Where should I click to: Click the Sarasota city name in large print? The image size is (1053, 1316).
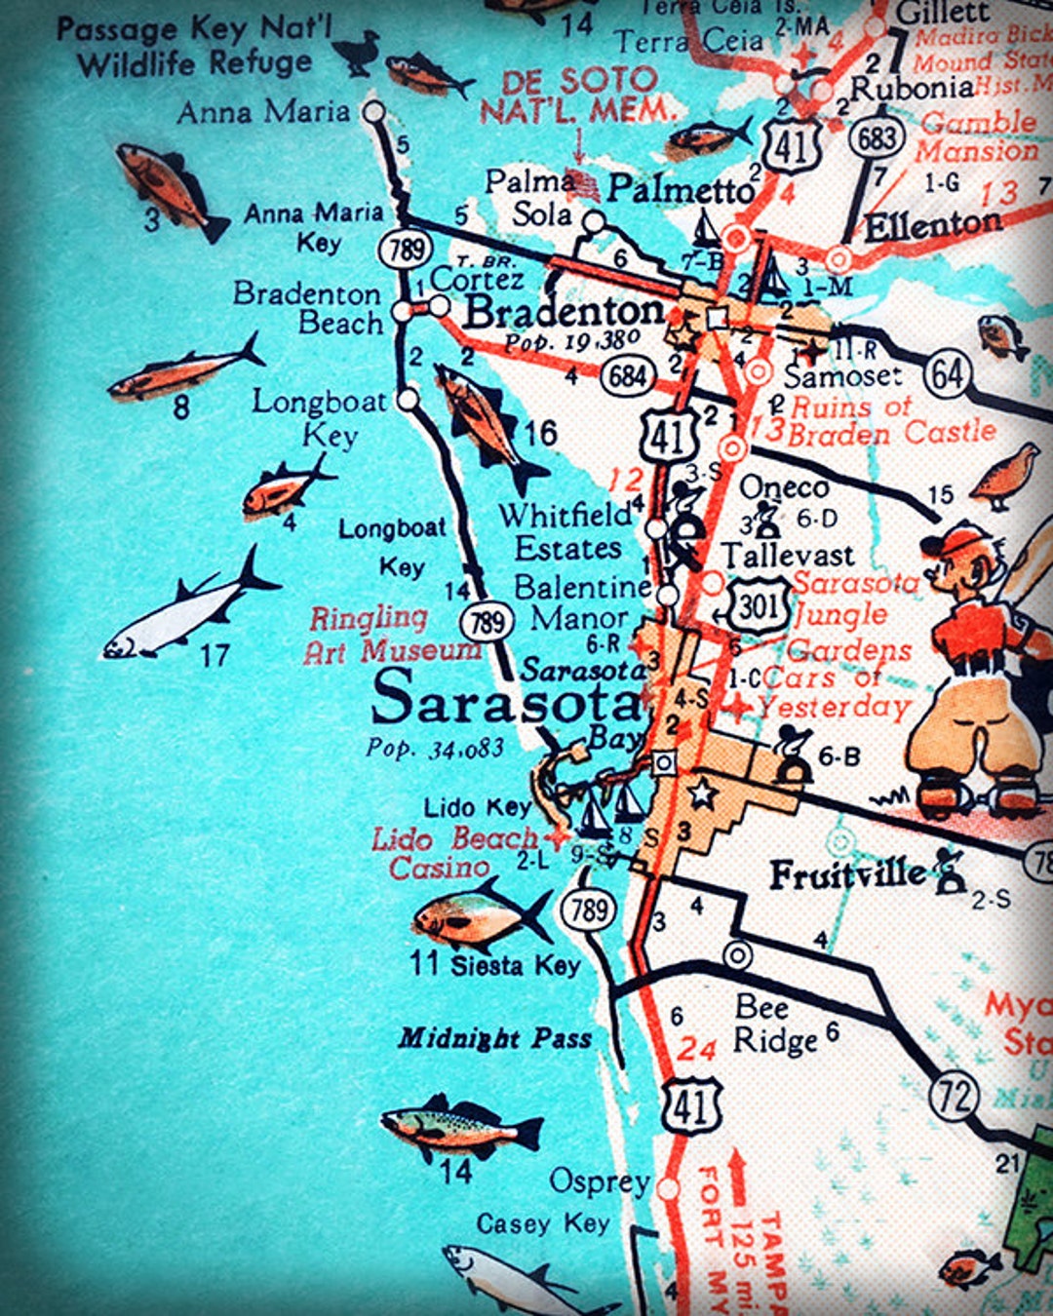[507, 701]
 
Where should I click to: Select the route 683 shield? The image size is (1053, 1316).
[876, 137]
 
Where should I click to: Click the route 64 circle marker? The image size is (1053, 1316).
[947, 374]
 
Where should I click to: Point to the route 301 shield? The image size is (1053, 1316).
[758, 607]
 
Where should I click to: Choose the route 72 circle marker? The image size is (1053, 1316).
[955, 1097]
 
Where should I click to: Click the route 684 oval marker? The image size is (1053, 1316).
[628, 374]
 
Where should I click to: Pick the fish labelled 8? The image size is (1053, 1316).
[185, 369]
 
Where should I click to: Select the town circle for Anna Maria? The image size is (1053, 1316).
[374, 111]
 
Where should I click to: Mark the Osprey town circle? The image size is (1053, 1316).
[668, 1188]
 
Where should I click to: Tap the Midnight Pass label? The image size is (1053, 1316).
[495, 1039]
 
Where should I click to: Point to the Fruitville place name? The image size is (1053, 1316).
[847, 873]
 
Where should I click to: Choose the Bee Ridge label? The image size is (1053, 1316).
[777, 1024]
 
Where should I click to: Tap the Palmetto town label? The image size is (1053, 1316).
[681, 189]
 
